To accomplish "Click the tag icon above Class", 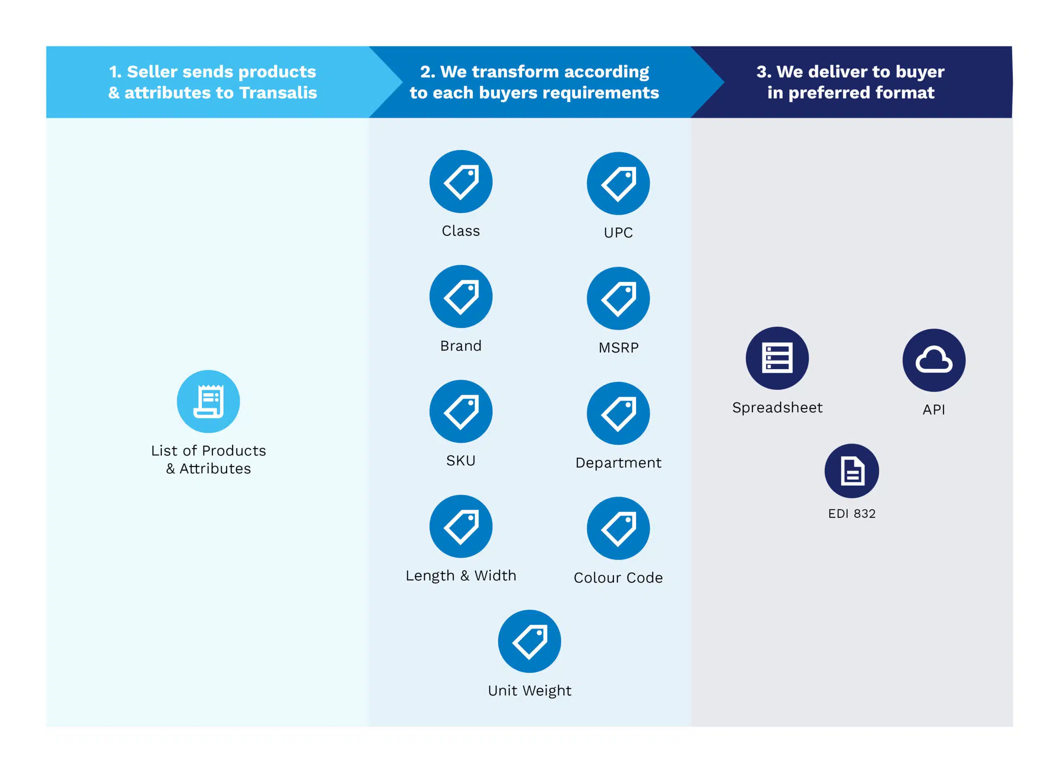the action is coord(461,181).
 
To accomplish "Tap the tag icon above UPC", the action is coord(618,183).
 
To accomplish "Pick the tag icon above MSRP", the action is coord(618,298).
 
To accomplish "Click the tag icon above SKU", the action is coord(461,411).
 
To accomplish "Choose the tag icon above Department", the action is coord(618,413).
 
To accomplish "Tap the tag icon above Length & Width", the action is coord(461,526).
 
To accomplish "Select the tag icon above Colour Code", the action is coord(618,528).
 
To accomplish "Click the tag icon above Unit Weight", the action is coord(529,641).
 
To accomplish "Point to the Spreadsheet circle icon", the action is coord(777,358).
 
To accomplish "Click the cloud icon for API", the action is coord(934,360).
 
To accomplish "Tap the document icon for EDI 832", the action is coord(852,470).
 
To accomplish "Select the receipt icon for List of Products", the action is coord(208,401).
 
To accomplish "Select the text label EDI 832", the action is coord(852,513).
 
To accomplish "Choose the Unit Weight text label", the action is coord(529,691).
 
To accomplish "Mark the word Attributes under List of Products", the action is coord(215,468).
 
